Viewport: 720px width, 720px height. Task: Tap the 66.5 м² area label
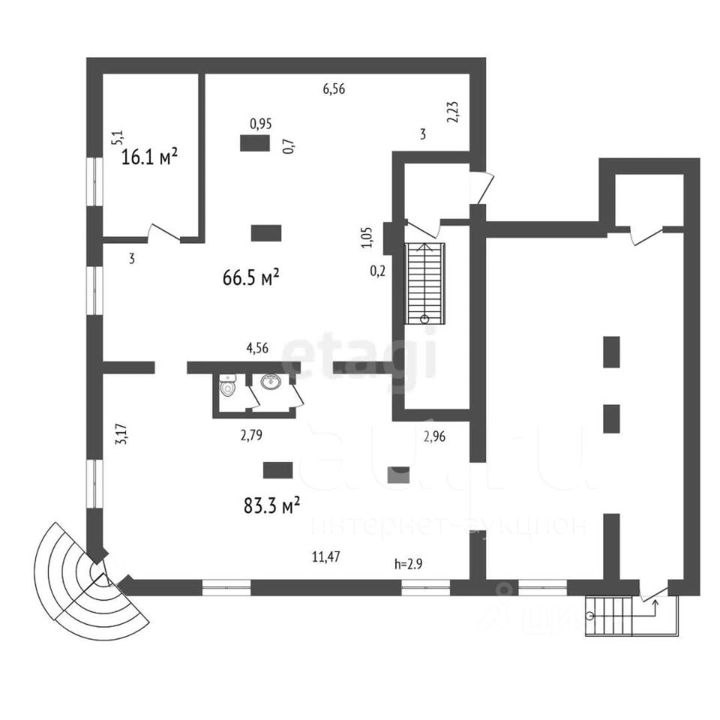tap(251, 278)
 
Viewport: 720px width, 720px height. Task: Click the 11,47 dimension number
tap(326, 556)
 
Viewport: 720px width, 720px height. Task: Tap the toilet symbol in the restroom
tap(228, 388)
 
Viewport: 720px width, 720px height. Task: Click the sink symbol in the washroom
tap(271, 382)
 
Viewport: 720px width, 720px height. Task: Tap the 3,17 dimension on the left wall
tap(121, 436)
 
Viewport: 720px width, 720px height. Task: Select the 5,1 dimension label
tap(117, 136)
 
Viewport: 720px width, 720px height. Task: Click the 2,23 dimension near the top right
tap(453, 111)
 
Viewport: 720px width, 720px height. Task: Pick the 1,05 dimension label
tap(367, 237)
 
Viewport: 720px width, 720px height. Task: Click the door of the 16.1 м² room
tap(164, 233)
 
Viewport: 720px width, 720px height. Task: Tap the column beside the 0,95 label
tap(255, 142)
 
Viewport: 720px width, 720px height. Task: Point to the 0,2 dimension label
tap(378, 271)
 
